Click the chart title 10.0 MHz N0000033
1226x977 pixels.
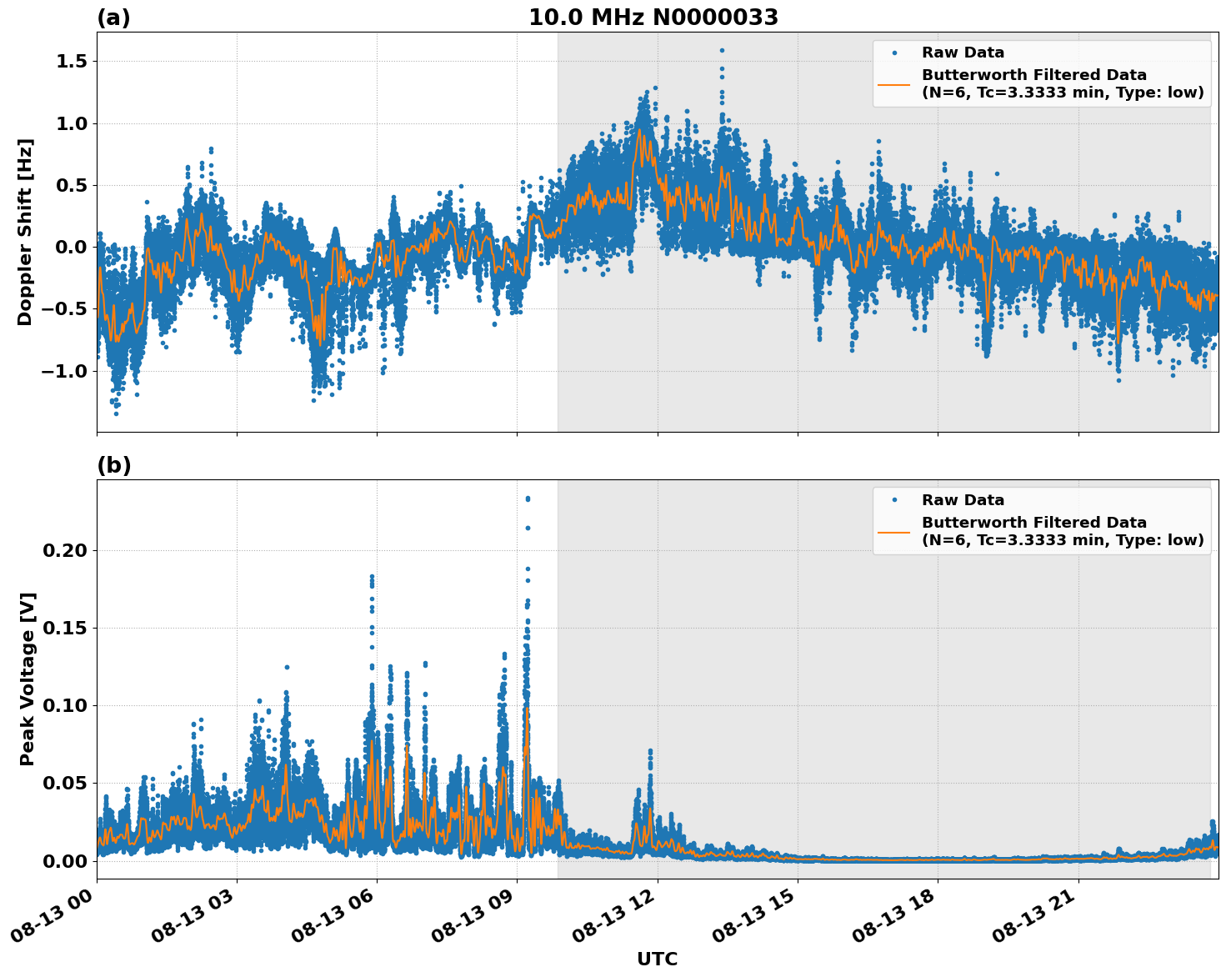pyautogui.click(x=653, y=18)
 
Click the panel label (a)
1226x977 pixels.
pyautogui.click(x=113, y=18)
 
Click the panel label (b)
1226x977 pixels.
pyautogui.click(x=113, y=465)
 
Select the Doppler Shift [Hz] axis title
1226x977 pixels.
pyautogui.click(x=25, y=232)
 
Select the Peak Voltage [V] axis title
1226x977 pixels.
pyautogui.click(x=28, y=679)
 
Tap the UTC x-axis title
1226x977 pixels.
pyautogui.click(x=657, y=959)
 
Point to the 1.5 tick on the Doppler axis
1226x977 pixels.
pyautogui.click(x=72, y=62)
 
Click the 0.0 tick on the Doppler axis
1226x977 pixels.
pyautogui.click(x=72, y=247)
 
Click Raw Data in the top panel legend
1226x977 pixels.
pyautogui.click(x=963, y=53)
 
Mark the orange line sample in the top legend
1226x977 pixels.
pyautogui.click(x=894, y=83)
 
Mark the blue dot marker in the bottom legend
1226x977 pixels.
pyautogui.click(x=894, y=500)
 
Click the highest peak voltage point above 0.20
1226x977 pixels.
pyautogui.click(x=528, y=499)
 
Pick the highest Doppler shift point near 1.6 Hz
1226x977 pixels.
pyautogui.click(x=722, y=50)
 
